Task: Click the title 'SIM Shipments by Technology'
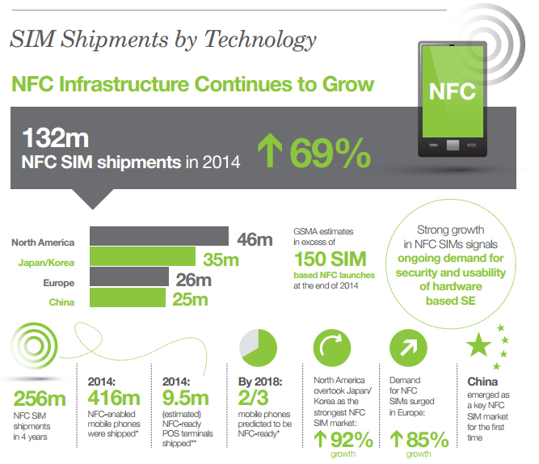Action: (x=162, y=39)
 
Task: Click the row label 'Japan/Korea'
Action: (x=46, y=262)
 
